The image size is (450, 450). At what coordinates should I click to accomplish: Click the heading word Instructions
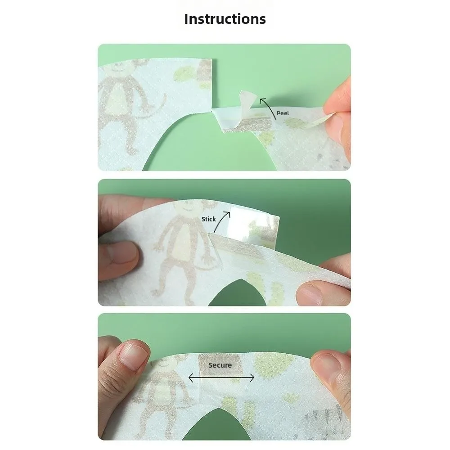pos(225,19)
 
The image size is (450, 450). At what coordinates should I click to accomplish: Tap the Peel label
pos(283,113)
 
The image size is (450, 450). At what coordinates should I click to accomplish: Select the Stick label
pos(209,219)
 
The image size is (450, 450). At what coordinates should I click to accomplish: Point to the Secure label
pos(220,365)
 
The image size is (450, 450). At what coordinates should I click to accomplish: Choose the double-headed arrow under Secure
pos(221,378)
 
